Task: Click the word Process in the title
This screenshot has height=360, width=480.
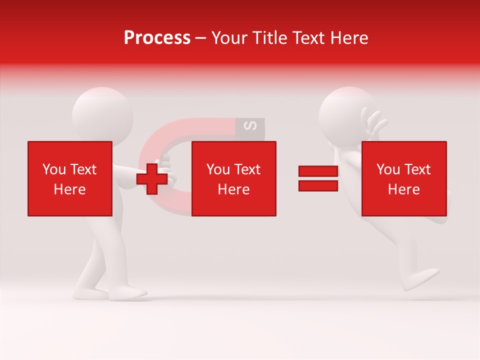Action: [157, 38]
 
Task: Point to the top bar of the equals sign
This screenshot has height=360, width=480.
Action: [318, 171]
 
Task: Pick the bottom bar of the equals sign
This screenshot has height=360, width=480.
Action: [318, 185]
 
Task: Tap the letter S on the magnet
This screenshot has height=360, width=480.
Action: [252, 126]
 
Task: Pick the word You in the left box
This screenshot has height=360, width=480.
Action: [54, 169]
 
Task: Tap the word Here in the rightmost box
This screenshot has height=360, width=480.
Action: [403, 189]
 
